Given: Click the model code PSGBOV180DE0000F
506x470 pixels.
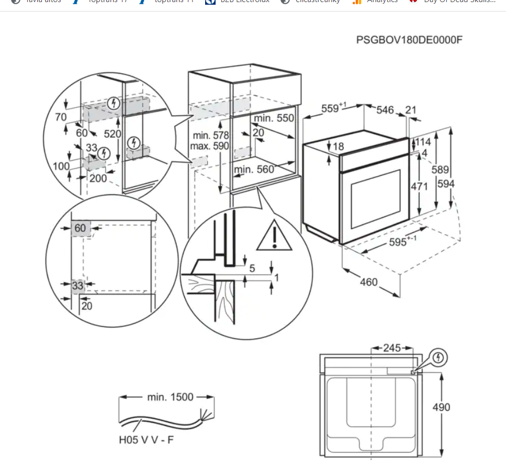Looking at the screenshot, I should pos(409,40).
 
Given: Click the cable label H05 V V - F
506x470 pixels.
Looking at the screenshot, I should pos(146,440).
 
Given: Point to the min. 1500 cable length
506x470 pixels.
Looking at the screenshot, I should pos(170,397).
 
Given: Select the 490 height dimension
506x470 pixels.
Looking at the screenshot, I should pos(441,407).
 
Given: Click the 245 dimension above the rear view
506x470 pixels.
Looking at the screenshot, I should pos(392,348).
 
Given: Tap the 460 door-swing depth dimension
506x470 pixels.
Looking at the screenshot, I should pos(368,282).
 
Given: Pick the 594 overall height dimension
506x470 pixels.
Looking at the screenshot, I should pos(446,184).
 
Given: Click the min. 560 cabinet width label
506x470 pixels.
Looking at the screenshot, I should pos(254,169).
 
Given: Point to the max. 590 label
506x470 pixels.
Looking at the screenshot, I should pos(209,146).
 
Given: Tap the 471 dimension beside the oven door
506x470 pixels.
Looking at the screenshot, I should pos(419,186).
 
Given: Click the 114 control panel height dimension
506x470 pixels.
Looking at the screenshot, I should pos(423,142).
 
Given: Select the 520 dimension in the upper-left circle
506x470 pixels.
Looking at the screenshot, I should pos(112,134).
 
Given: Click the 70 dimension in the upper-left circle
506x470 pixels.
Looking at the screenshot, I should pos(61,117).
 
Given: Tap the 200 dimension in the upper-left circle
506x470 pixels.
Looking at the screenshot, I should pos(97,178).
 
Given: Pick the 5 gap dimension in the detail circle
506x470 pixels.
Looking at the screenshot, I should pos(252,268).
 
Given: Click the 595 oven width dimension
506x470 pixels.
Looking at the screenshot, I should pos(402,242).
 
